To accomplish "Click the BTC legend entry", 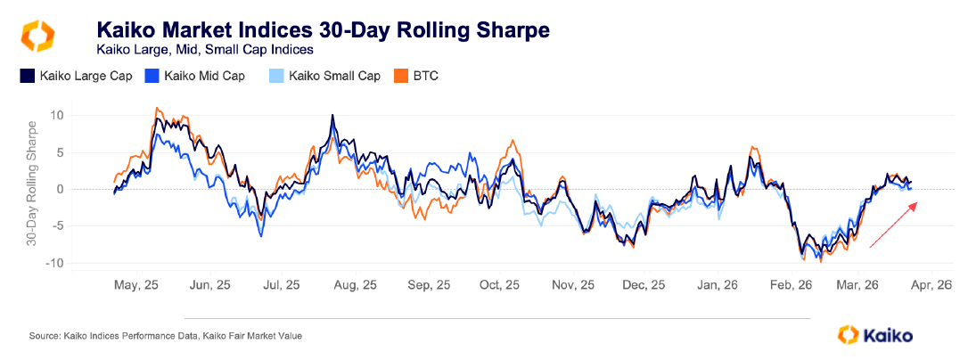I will [x=415, y=76].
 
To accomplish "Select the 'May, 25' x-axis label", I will [x=136, y=285].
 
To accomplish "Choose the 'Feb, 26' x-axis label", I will [x=790, y=285].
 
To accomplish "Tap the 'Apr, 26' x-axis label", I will [x=932, y=285].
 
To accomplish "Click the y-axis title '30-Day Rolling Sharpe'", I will [x=32, y=189].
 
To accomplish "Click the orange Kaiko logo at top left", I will [x=37, y=37].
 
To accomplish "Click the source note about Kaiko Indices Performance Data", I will [x=166, y=335].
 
